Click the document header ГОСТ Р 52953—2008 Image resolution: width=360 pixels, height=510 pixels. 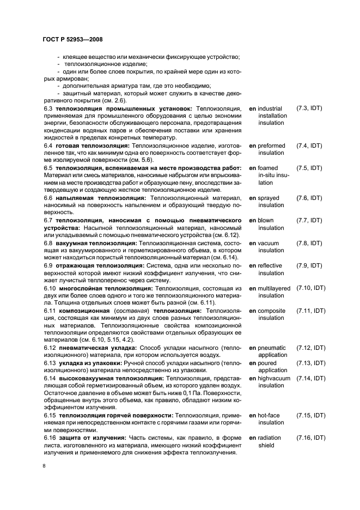point(72,39)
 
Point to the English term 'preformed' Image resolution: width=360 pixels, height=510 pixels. point(272,146)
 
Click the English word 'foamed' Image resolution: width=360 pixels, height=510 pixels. point(268,168)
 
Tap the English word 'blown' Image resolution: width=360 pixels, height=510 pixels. point(267,221)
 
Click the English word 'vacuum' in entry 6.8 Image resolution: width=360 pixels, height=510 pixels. point(269,243)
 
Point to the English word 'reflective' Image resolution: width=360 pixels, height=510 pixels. point(271,266)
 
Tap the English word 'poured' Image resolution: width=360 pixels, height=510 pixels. point(268,363)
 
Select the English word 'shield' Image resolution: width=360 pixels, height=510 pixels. point(267,445)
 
